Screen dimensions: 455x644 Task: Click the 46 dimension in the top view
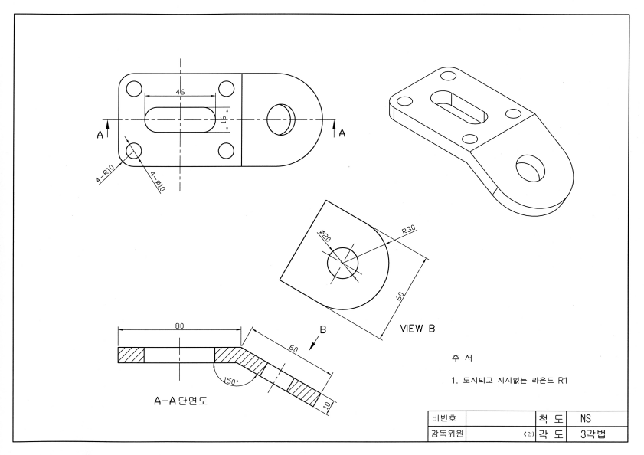click(180, 91)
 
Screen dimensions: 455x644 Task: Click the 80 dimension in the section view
click(180, 326)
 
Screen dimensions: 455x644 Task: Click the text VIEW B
click(417, 329)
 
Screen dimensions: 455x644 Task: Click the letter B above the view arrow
click(322, 330)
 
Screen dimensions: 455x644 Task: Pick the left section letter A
click(100, 134)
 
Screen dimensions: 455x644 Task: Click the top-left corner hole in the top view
click(134, 89)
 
